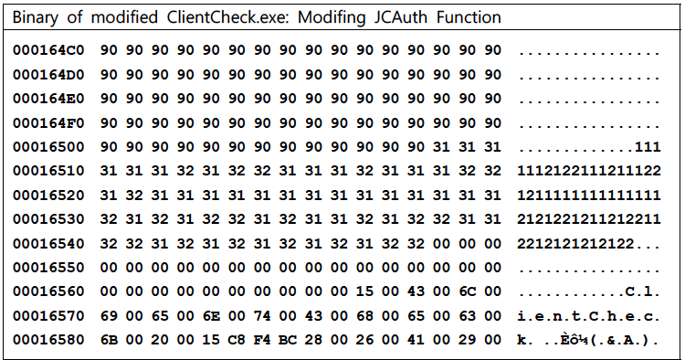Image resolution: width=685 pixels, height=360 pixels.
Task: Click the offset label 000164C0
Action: (x=48, y=50)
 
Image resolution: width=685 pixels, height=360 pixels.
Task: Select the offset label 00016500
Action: (x=48, y=147)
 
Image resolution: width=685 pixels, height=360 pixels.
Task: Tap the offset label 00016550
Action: (x=48, y=268)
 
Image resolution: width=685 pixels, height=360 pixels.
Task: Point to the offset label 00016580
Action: (x=48, y=340)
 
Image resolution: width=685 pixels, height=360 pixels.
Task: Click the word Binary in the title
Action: (x=36, y=18)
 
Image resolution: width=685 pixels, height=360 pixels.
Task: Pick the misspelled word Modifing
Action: (x=332, y=18)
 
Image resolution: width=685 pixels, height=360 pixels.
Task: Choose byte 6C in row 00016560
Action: (x=467, y=291)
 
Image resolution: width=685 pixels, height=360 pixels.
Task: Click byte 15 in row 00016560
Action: (x=364, y=291)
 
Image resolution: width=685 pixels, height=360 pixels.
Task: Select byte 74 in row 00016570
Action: (x=262, y=316)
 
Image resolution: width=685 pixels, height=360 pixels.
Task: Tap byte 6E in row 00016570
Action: (x=211, y=316)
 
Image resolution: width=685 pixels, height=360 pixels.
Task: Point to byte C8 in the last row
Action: (x=237, y=340)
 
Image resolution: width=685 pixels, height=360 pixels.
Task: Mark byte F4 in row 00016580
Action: (x=262, y=340)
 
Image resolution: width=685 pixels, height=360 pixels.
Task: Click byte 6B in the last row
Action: (x=109, y=340)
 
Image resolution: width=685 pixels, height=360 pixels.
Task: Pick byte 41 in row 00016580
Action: (x=416, y=340)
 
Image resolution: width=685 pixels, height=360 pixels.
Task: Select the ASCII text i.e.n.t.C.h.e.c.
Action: (x=588, y=316)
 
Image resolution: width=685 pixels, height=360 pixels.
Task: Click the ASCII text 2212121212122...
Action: (x=575, y=243)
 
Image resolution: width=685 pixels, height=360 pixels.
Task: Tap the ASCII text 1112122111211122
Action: (x=589, y=171)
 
